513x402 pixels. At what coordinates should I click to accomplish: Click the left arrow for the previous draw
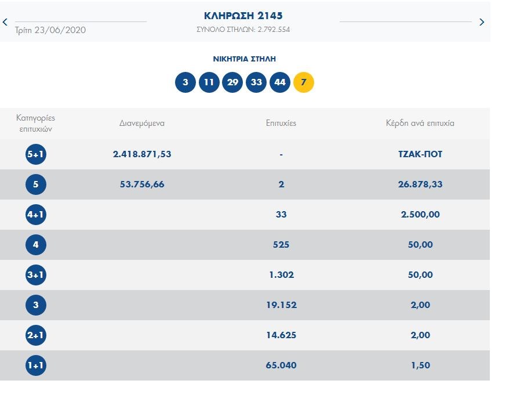coord(5,22)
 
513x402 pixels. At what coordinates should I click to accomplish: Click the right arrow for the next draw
coord(482,22)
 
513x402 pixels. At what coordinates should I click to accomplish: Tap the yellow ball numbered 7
coord(304,82)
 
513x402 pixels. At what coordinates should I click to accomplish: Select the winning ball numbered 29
coord(232,82)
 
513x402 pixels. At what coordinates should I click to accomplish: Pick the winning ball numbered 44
coord(280,82)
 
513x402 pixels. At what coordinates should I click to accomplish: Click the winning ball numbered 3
coord(185,82)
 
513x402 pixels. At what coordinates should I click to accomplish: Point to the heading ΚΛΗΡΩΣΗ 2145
coord(243,16)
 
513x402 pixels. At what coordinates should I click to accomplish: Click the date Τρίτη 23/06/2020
coord(50,30)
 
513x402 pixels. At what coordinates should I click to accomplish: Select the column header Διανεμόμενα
coord(142,123)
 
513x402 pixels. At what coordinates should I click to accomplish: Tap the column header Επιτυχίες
coord(281,123)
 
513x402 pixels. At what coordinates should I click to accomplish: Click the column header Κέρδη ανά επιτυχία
coord(420,123)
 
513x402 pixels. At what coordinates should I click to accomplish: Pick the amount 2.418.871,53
coord(142,154)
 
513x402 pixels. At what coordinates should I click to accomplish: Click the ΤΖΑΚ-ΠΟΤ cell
coord(420,154)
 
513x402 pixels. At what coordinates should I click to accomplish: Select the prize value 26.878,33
coord(420,184)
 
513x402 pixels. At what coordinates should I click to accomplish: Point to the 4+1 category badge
coord(36,215)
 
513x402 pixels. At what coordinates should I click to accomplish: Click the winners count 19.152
coord(281,305)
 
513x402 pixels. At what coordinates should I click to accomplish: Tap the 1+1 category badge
coord(36,365)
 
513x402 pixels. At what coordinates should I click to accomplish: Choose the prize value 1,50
coord(420,365)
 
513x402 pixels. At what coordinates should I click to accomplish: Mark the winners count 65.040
coord(281,365)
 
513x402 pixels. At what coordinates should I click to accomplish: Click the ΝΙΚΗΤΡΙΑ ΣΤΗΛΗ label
coord(244,59)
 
